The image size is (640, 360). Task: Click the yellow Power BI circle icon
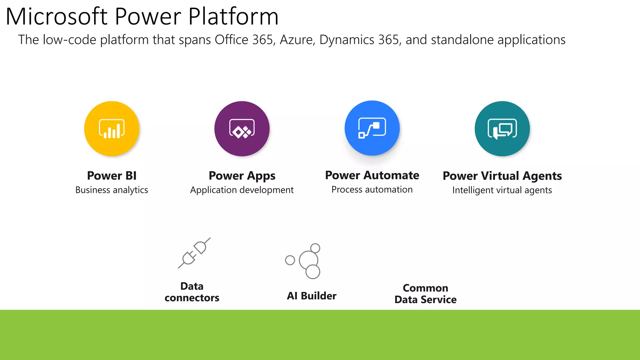coord(112,128)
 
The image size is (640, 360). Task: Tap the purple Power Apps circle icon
coord(242,128)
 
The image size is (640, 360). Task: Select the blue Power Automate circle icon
coord(372,128)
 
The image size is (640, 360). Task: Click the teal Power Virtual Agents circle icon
coord(502,128)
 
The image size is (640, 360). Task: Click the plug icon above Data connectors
coord(194,253)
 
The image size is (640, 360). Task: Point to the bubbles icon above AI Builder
coord(305,261)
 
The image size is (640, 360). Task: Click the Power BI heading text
coord(112,176)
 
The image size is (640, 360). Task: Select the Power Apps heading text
coord(242,176)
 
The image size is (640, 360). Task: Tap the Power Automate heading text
coord(372,175)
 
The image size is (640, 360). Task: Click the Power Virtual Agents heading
coord(502,176)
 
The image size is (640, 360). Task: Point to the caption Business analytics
coord(112,190)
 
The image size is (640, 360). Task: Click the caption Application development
coord(242,190)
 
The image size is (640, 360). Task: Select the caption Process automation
coord(372,189)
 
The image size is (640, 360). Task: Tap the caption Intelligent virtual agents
coord(502,190)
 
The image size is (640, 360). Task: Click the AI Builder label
coord(312,296)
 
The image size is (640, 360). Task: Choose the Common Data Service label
coord(425,294)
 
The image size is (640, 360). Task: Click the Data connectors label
coord(192,292)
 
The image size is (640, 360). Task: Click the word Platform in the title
coord(233,17)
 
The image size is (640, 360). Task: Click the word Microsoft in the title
coord(57,17)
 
